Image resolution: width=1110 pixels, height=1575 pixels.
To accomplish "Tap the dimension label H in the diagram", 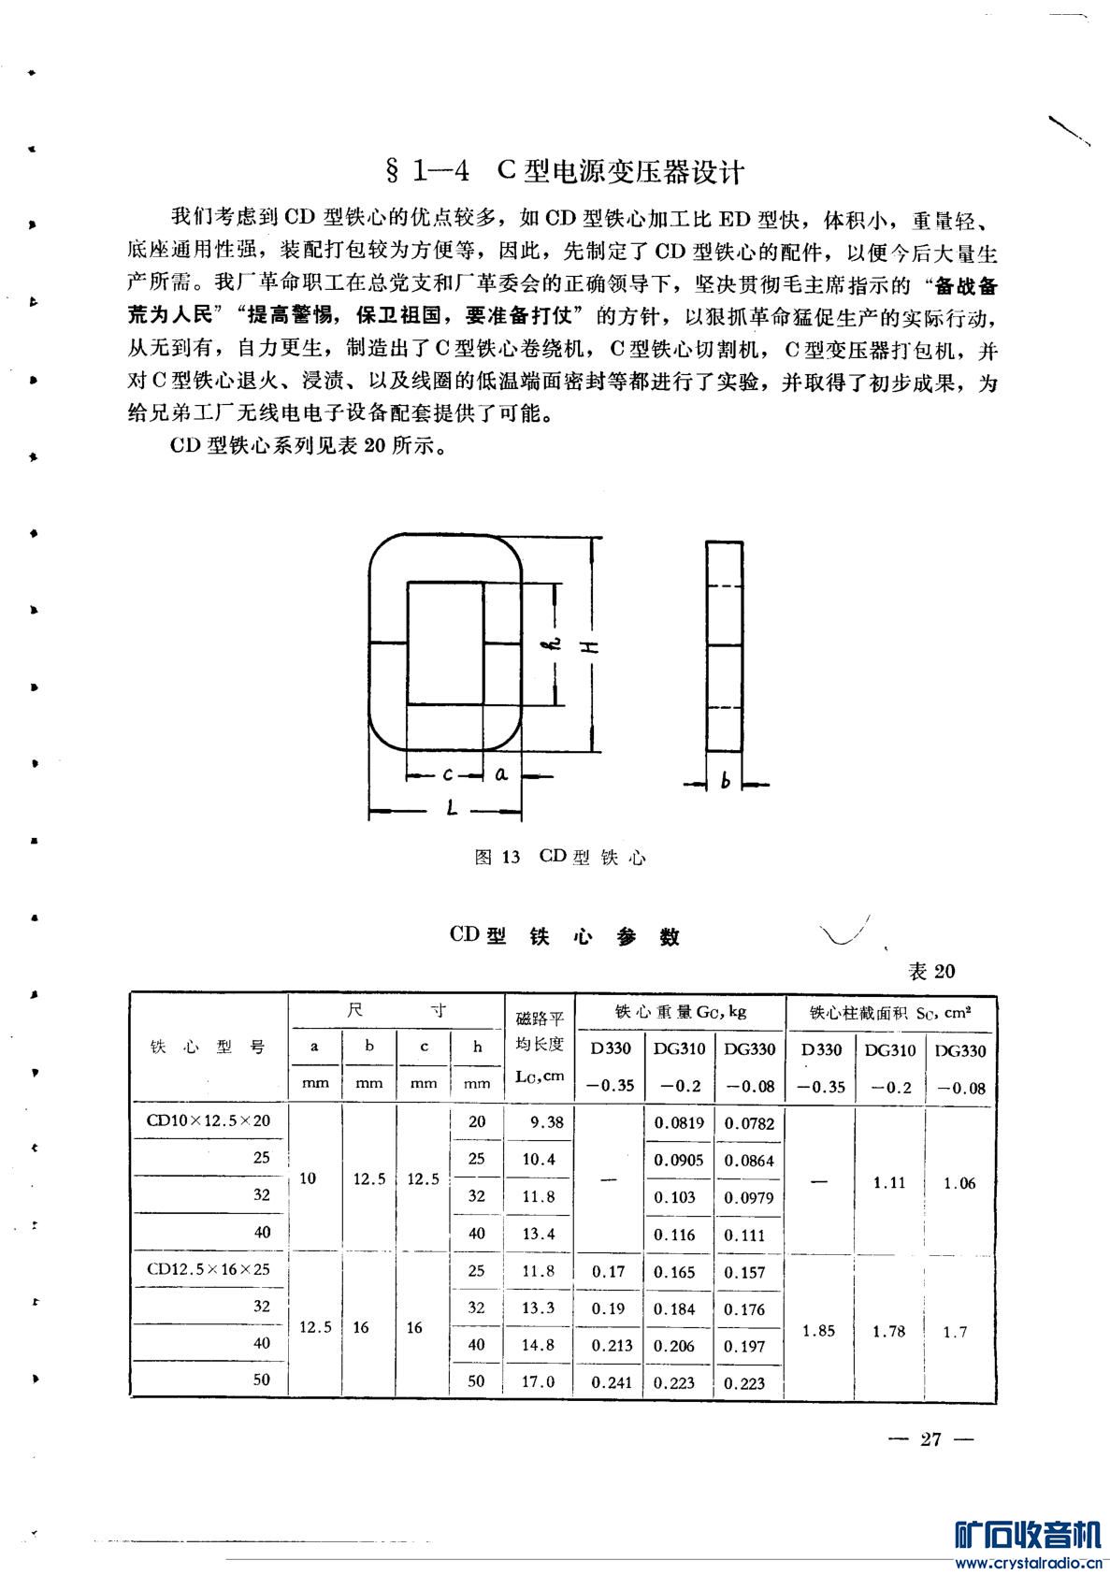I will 592,646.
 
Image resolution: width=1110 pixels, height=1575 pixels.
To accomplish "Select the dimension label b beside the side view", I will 725,782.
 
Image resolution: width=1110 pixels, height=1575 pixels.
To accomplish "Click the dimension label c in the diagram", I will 448,773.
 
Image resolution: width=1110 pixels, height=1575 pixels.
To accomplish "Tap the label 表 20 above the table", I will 931,971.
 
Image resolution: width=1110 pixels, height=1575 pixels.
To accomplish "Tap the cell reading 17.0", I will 539,1381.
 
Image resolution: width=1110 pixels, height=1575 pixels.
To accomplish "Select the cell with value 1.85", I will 819,1330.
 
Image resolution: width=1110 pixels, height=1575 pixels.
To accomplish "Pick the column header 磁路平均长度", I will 540,1047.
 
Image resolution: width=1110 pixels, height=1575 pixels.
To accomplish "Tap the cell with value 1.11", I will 888,1182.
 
